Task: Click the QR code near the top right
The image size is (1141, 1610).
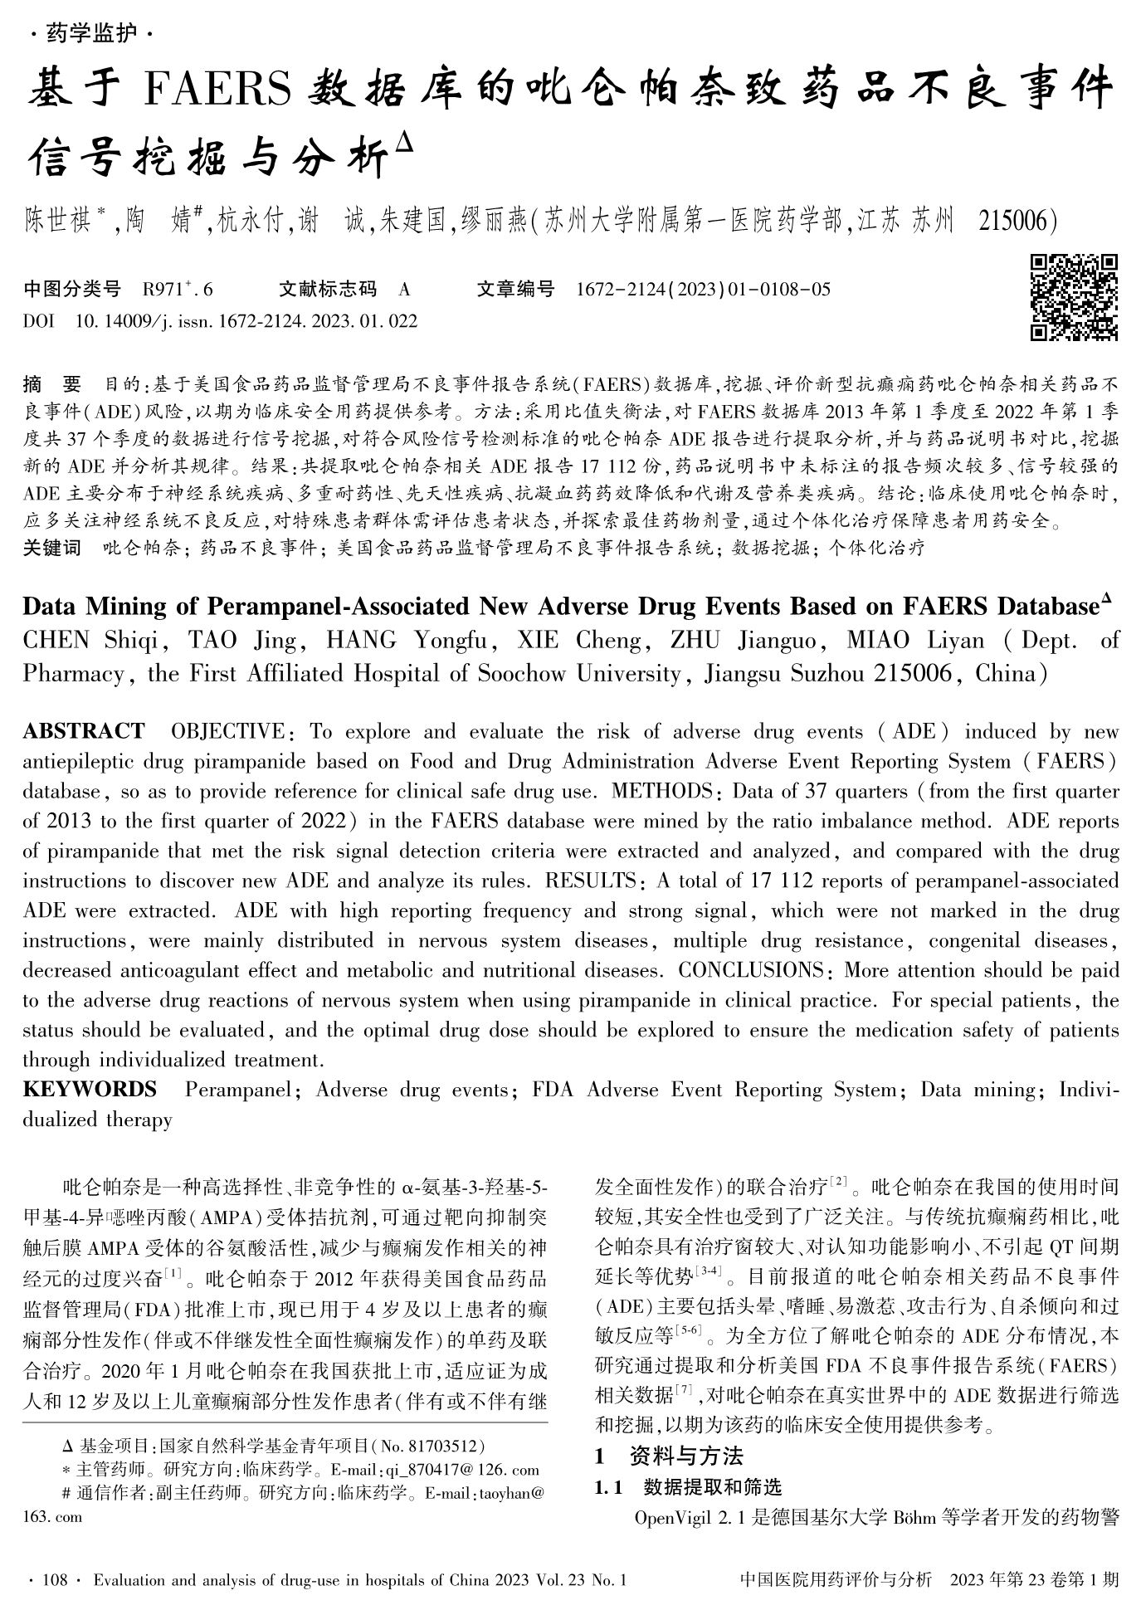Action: click(1073, 297)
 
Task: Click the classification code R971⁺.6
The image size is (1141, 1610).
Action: click(178, 290)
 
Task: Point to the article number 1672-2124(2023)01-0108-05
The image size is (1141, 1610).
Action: click(702, 290)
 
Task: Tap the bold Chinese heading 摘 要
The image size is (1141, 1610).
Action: click(52, 384)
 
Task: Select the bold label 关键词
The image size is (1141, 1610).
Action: click(51, 548)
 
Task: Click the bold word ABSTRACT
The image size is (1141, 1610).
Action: click(84, 731)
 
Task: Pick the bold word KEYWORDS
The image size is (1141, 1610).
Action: click(90, 1090)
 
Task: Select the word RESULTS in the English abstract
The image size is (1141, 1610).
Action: click(590, 881)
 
